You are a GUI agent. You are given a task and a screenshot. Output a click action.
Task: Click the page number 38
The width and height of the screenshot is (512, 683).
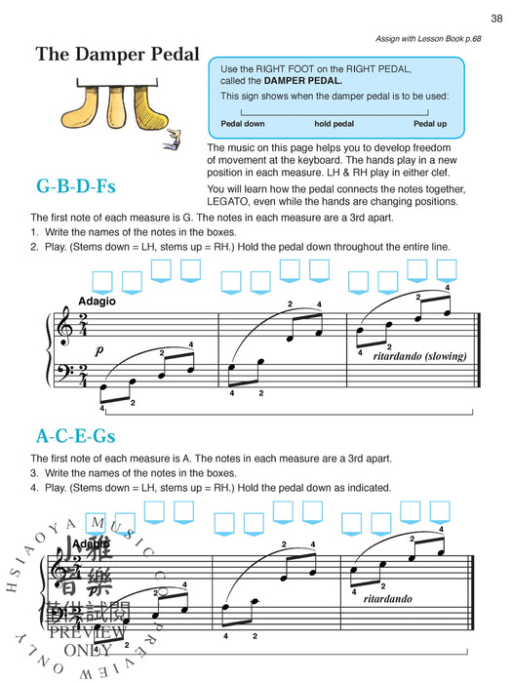coord(496,18)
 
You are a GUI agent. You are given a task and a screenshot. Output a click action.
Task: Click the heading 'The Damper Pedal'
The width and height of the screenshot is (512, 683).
coord(117,55)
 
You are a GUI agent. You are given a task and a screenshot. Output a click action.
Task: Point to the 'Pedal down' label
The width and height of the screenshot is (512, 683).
coord(243,124)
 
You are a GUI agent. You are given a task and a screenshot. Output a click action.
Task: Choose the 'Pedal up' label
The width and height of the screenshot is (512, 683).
coord(430,124)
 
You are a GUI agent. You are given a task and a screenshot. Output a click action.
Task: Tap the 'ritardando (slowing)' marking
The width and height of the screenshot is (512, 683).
coord(430,356)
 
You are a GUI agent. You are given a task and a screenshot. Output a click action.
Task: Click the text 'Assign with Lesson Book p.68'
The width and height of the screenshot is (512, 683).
coord(428,39)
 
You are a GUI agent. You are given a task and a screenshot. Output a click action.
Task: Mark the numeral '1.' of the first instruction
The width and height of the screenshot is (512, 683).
coord(34,232)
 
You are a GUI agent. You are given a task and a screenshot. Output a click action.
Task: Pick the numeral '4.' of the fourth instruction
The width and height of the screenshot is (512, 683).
coord(34,488)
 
